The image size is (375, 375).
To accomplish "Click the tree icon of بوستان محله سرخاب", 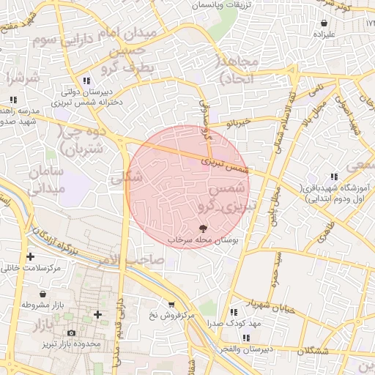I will [x=203, y=229].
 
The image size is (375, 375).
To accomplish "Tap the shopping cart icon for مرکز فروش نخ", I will [x=171, y=304].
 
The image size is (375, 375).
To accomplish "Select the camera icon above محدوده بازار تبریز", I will [x=71, y=333].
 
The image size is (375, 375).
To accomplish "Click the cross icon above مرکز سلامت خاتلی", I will [x=30, y=256].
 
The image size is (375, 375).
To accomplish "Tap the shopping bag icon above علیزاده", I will [x=324, y=22].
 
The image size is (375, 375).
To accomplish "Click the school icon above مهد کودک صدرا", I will [x=234, y=312].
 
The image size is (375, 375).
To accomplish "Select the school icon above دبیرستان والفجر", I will [x=245, y=338].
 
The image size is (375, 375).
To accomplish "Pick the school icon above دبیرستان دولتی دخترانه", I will [x=86, y=81].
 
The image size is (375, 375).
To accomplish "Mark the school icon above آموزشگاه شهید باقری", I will [x=334, y=177].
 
